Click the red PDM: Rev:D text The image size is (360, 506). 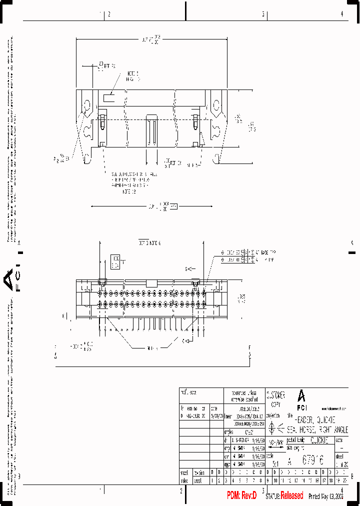pos(241,495)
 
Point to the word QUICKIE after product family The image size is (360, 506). pos(319,440)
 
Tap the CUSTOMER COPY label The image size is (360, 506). pos(275,398)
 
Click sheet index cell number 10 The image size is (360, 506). pos(275,480)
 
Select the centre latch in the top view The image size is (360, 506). pos(151,130)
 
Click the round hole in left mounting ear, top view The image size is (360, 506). pos(86,106)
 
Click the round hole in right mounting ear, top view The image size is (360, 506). pos(216,105)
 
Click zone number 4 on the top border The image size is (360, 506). pos(341,14)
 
